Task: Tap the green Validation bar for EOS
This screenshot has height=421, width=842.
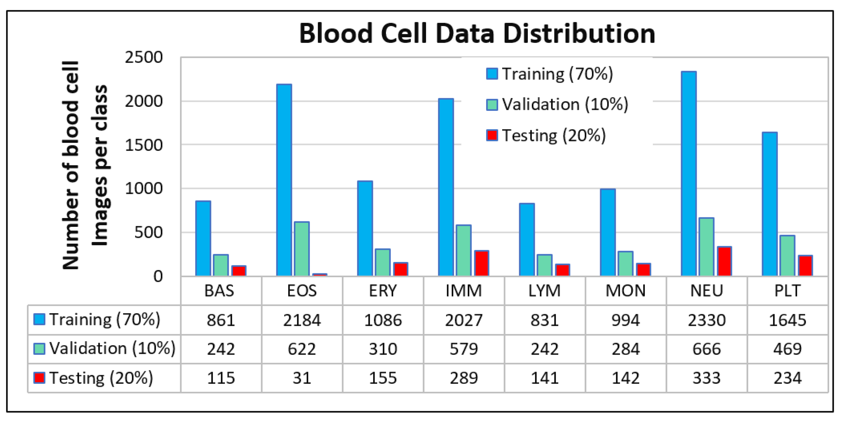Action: click(x=301, y=249)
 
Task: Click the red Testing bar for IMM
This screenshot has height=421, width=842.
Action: click(x=481, y=263)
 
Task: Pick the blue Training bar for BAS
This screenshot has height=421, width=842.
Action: click(x=203, y=238)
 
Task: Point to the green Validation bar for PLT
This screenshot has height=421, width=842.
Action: click(x=787, y=256)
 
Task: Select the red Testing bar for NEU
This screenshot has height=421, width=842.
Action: click(x=724, y=261)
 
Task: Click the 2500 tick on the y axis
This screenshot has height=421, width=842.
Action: click(x=144, y=58)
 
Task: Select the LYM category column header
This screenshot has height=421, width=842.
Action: click(x=544, y=290)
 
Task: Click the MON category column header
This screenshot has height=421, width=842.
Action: click(x=625, y=290)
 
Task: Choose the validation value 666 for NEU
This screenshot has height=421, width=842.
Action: click(x=706, y=349)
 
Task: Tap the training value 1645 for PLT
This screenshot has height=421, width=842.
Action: click(x=787, y=320)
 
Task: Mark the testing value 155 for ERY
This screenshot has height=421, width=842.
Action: click(x=383, y=378)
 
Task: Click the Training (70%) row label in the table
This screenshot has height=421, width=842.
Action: click(x=105, y=320)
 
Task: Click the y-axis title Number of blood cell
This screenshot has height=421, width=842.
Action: click(x=71, y=165)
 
